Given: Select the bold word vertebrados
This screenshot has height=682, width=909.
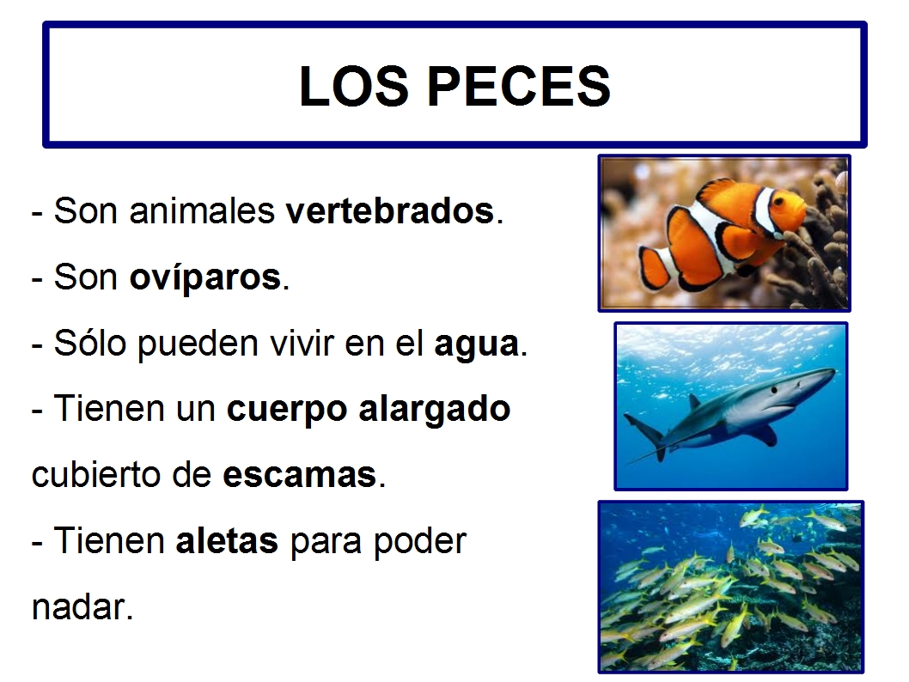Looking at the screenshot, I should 390,211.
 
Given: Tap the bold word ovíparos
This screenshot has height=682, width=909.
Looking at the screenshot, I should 205,277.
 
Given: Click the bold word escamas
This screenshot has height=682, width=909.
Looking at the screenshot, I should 300,474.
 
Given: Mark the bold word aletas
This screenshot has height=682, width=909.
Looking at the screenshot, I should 227,541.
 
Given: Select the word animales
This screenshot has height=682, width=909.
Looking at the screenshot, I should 204,211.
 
